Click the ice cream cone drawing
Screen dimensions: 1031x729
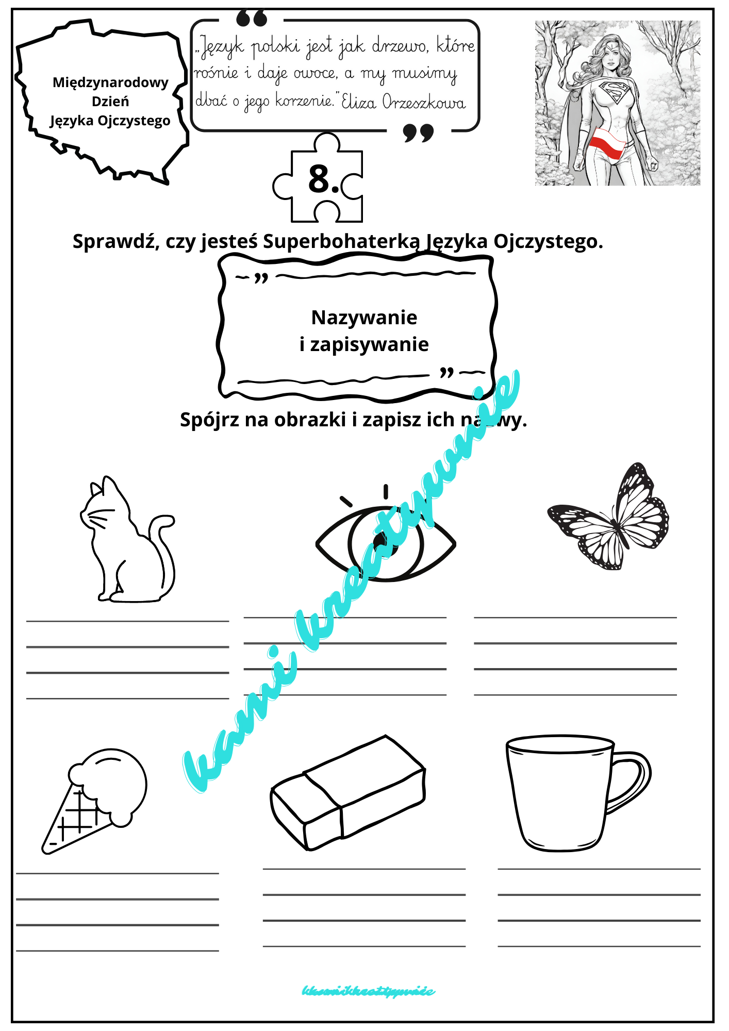95,799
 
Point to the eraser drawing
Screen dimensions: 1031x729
348,794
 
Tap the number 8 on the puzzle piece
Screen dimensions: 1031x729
320,179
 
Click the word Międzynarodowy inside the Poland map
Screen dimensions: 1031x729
110,82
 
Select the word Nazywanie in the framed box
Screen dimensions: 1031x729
364,318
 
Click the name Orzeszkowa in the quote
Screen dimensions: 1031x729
424,102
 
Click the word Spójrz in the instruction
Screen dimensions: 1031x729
209,420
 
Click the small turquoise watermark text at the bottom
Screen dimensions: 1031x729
368,991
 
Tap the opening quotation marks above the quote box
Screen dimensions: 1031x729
252,19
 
